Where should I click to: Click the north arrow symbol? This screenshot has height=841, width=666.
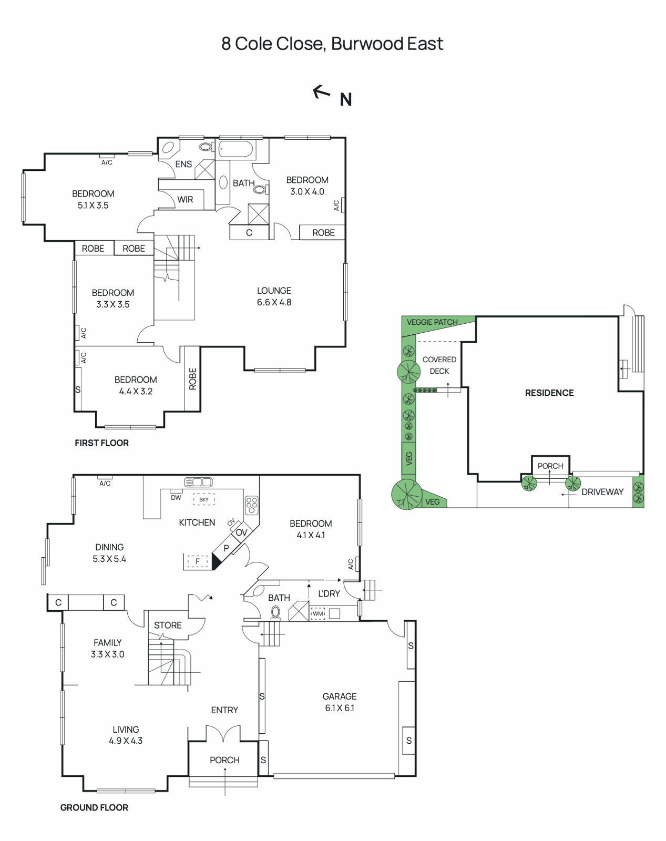322,93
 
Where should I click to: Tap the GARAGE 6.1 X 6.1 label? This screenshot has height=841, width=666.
340,702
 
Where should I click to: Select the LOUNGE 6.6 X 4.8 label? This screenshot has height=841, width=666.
274,296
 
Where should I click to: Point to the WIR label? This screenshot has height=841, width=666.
185,200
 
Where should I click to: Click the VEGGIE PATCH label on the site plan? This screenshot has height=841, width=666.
432,322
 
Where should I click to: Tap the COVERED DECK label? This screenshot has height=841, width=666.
439,365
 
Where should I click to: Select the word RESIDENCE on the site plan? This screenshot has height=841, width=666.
549,393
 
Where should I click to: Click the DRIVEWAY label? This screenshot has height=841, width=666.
602,492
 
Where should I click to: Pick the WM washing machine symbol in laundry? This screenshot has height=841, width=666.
318,613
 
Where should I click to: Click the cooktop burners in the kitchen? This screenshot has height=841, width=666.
252,505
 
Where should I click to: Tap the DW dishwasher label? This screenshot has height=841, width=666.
176,497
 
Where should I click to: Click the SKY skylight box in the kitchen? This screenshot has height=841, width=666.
204,499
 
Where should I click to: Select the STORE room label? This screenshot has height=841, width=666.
168,625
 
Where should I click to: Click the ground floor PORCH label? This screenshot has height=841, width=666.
224,760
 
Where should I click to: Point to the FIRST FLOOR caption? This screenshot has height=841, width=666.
101,443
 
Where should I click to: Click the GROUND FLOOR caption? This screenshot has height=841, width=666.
94,808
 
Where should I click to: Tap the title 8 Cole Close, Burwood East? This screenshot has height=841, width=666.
332,44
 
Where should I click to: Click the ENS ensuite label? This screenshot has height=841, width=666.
183,165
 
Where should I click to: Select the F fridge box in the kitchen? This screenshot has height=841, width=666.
198,561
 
